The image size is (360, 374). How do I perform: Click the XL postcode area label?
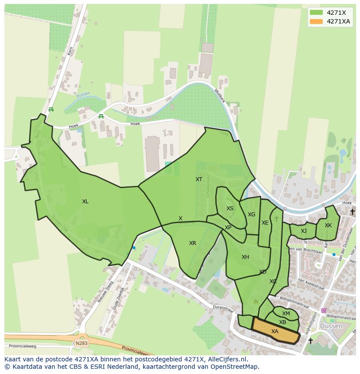click(85, 202)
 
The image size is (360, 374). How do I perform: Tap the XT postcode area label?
click(199, 179)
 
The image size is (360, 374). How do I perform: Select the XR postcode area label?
click(193, 243)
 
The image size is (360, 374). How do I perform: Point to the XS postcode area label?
click(230, 209)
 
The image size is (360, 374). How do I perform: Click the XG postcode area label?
click(251, 215)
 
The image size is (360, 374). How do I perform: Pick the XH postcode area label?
click(245, 257)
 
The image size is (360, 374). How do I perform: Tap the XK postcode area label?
click(328, 225)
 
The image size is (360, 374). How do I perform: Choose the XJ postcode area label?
click(303, 231)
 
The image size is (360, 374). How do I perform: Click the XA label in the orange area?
click(275, 331)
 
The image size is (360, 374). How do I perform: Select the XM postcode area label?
click(286, 314)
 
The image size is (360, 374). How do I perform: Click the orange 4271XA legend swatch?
click(316, 21)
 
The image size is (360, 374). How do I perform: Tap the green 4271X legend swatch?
click(316, 13)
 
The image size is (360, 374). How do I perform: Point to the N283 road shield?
click(81, 343)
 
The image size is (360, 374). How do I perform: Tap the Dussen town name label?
click(331, 326)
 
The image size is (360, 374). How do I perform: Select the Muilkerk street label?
click(220, 96)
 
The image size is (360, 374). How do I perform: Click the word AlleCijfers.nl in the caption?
click(226, 359)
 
